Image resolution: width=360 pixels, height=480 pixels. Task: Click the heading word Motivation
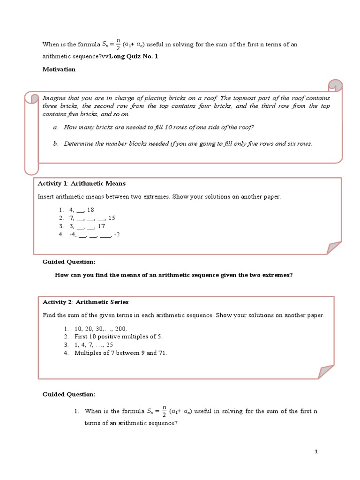[x=59, y=69]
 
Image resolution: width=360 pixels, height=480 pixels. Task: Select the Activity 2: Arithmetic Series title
[x=85, y=302]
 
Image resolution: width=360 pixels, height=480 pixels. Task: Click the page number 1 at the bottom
[x=316, y=451]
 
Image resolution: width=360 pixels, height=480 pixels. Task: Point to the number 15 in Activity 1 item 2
[x=112, y=218]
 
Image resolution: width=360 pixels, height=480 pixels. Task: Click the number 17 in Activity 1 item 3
[x=101, y=226]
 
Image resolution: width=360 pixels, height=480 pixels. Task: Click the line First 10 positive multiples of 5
[x=119, y=337]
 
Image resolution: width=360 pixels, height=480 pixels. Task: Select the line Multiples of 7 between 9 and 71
[x=120, y=352]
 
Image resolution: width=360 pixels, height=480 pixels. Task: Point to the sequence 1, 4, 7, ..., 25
[x=94, y=345]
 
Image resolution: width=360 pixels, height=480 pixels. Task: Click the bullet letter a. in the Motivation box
[x=55, y=127]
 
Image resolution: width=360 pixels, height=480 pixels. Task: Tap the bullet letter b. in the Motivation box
[x=55, y=143]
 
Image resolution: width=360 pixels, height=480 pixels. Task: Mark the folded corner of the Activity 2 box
[x=327, y=372]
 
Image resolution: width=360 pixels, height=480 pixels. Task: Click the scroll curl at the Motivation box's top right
[x=335, y=86]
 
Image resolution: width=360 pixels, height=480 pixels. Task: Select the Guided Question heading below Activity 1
[x=68, y=262]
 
